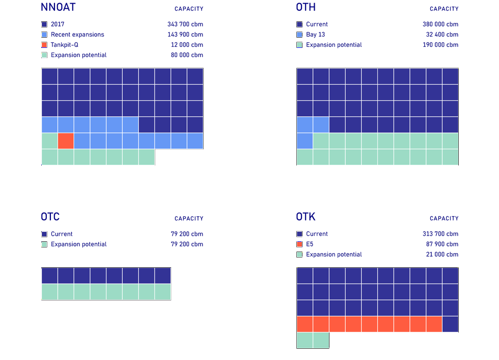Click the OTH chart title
tap(306, 7)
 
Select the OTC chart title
tap(50, 217)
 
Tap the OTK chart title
tap(306, 217)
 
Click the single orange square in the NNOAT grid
tap(66, 141)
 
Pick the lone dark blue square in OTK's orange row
tap(450, 324)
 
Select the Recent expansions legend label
tap(77, 35)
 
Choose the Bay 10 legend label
tap(315, 35)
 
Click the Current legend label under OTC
tap(62, 234)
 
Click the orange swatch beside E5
tap(299, 244)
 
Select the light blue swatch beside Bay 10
tap(299, 35)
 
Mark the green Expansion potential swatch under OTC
tap(44, 244)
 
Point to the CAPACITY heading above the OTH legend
tap(443, 8)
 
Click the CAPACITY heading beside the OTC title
tap(188, 218)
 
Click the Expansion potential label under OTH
tap(334, 45)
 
